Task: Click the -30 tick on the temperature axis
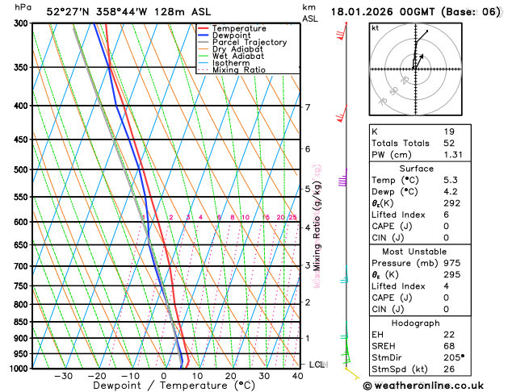pyautogui.click(x=64, y=376)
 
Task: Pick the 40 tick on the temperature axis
pyautogui.click(x=299, y=376)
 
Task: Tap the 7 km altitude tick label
pyautogui.click(x=308, y=107)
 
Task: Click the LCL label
pyautogui.click(x=317, y=365)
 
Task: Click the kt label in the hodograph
pyautogui.click(x=376, y=28)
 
